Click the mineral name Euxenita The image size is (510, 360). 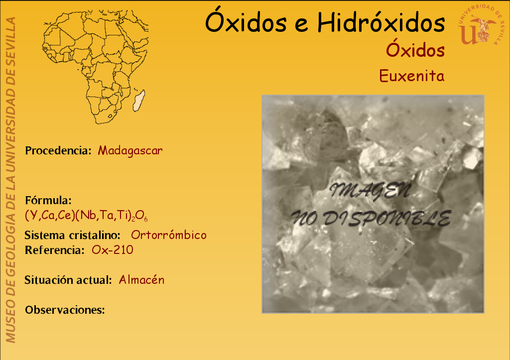(x=411, y=76)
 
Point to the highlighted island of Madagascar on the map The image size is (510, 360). (x=139, y=100)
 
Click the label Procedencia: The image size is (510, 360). (x=58, y=150)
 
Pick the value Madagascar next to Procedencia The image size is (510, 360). (x=130, y=150)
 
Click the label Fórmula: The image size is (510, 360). (x=48, y=200)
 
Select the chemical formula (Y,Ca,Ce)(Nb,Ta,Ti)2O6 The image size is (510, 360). (x=86, y=215)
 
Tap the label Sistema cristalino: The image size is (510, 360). (x=73, y=235)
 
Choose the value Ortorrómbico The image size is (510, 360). (x=168, y=235)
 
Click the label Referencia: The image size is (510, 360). (x=55, y=250)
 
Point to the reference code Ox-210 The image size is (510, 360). (x=113, y=250)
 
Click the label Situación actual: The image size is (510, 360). (x=68, y=280)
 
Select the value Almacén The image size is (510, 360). (x=141, y=280)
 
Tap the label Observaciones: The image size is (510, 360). (x=65, y=310)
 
